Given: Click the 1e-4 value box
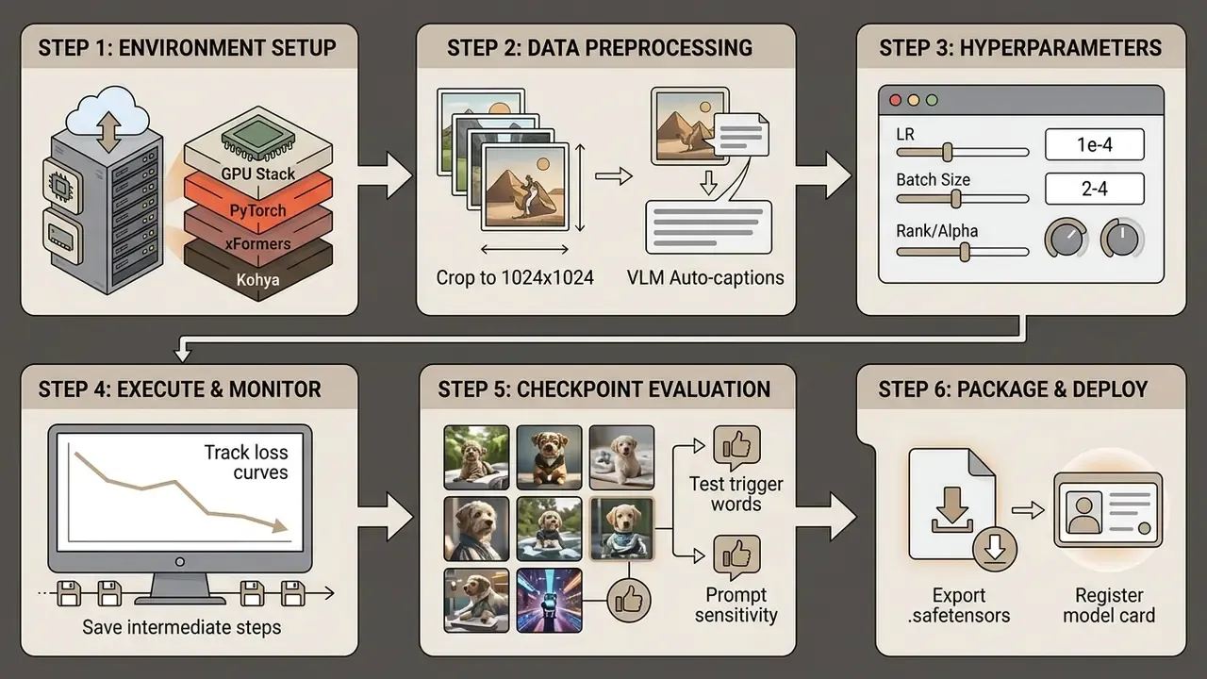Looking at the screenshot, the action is point(1095,144).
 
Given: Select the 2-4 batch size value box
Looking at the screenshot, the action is point(1095,189).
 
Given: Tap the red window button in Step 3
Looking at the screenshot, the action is point(896,100).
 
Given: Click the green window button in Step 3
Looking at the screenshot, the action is point(932,100).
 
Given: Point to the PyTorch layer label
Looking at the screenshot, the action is point(257,210).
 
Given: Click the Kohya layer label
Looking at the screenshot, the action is point(257,280).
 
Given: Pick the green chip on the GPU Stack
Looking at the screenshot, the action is point(258,133).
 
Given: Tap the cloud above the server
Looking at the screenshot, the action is point(108,110).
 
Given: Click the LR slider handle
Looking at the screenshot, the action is point(948,153).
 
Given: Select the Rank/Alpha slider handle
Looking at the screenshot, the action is point(965,252).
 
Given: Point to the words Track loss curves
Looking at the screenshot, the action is point(246,462).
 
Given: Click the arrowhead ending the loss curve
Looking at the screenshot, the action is point(279,525).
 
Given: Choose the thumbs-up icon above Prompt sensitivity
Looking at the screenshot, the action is point(736,556).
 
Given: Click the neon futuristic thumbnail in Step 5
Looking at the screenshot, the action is point(549,601).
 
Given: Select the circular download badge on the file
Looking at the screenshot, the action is point(995,549).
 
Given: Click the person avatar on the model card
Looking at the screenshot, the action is point(1083,515).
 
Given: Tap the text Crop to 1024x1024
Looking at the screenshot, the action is point(515,277).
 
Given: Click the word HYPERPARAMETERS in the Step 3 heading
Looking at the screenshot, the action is point(1061,47).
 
